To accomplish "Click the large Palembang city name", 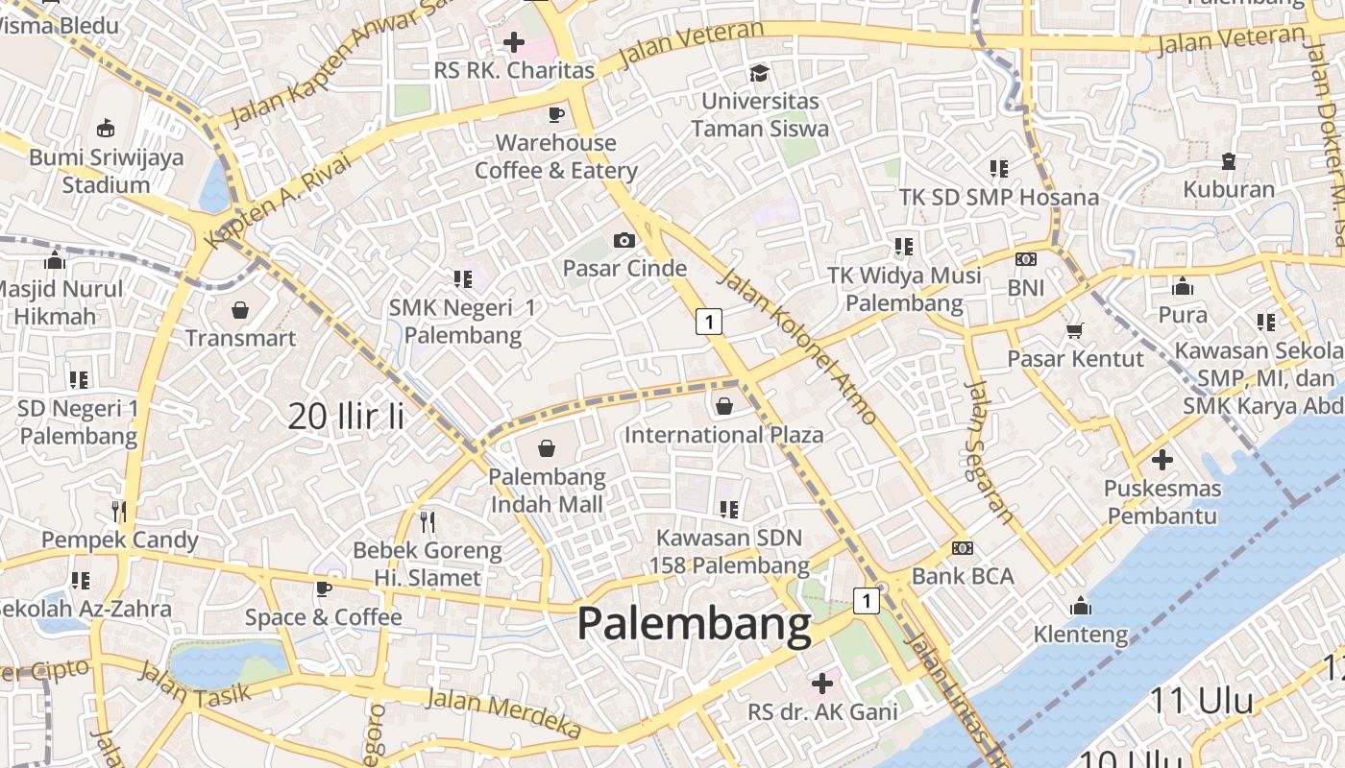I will point(694,625).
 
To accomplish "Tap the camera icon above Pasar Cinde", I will point(624,240).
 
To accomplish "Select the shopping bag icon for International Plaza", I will point(724,406).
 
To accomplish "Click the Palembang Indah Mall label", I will point(547,490).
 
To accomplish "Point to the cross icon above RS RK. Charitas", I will point(514,41).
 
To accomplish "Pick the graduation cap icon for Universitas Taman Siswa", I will point(759,73).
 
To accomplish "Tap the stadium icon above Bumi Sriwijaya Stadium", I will point(105,128).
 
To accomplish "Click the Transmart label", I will point(240,338).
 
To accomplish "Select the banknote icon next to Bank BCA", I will point(962,548).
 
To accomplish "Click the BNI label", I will point(1026,287).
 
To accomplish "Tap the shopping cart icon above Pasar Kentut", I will point(1074,330).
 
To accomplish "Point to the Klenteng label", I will point(1081,635).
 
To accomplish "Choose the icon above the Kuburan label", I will point(1228,160).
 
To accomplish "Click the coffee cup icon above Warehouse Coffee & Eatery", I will point(555,114).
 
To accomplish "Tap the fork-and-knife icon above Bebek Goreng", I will point(428,522).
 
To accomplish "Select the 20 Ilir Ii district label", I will point(346,416).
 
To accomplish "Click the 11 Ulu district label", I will point(1201,701).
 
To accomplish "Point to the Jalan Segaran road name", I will point(989,452).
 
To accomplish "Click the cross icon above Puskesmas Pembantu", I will point(1162,460).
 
